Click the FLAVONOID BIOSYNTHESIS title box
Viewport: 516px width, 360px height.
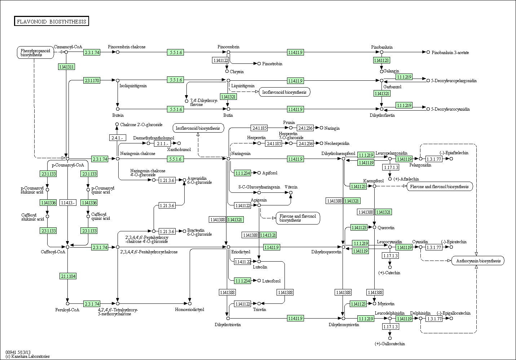[52, 21]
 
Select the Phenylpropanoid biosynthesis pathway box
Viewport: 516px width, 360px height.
[35, 53]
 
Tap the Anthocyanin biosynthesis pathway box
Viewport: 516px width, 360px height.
[478, 261]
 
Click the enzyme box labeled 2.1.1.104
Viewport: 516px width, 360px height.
[67, 276]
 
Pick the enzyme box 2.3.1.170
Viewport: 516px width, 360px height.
[92, 80]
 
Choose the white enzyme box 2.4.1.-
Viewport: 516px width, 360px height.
[118, 138]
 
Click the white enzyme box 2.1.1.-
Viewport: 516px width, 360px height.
[162, 143]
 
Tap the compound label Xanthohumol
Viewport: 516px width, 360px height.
[179, 149]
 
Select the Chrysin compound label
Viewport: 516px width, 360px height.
[237, 72]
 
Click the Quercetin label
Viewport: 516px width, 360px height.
[386, 228]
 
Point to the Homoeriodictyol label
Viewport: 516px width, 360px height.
[190, 310]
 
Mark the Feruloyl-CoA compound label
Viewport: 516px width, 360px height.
[67, 310]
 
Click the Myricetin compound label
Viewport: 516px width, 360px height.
[386, 304]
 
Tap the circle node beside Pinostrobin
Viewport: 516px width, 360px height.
[259, 63]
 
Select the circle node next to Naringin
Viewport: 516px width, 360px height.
[321, 128]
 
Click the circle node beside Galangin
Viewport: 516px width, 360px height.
[382, 71]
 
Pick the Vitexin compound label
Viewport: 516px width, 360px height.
[291, 187]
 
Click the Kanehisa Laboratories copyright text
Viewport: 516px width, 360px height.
[27, 356]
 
